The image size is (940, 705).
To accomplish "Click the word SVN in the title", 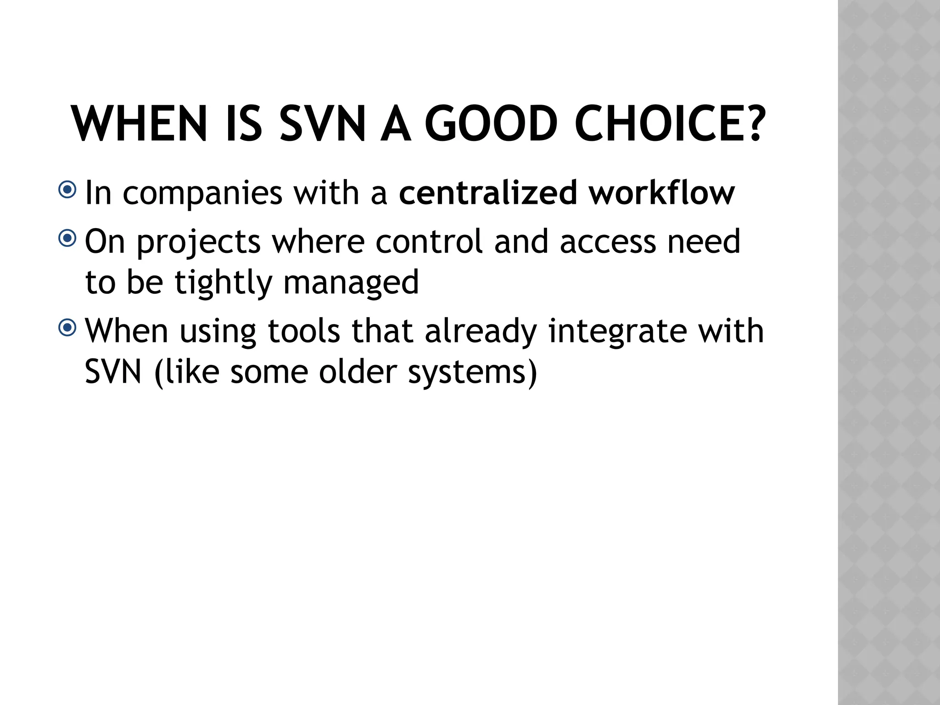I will click(x=323, y=124).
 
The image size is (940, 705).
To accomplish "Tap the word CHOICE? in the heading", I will click(x=670, y=124).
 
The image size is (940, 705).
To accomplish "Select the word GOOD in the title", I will click(x=491, y=124).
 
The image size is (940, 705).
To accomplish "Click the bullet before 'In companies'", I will click(x=67, y=190).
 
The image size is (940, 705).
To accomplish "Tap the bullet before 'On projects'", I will click(x=67, y=238).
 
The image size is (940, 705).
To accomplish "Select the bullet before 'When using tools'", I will click(x=67, y=328).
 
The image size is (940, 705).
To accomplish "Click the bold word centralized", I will click(x=487, y=193).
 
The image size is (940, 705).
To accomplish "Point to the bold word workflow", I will click(x=662, y=193).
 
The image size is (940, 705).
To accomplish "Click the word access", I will click(x=608, y=242).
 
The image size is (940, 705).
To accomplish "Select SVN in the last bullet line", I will click(x=113, y=372).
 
